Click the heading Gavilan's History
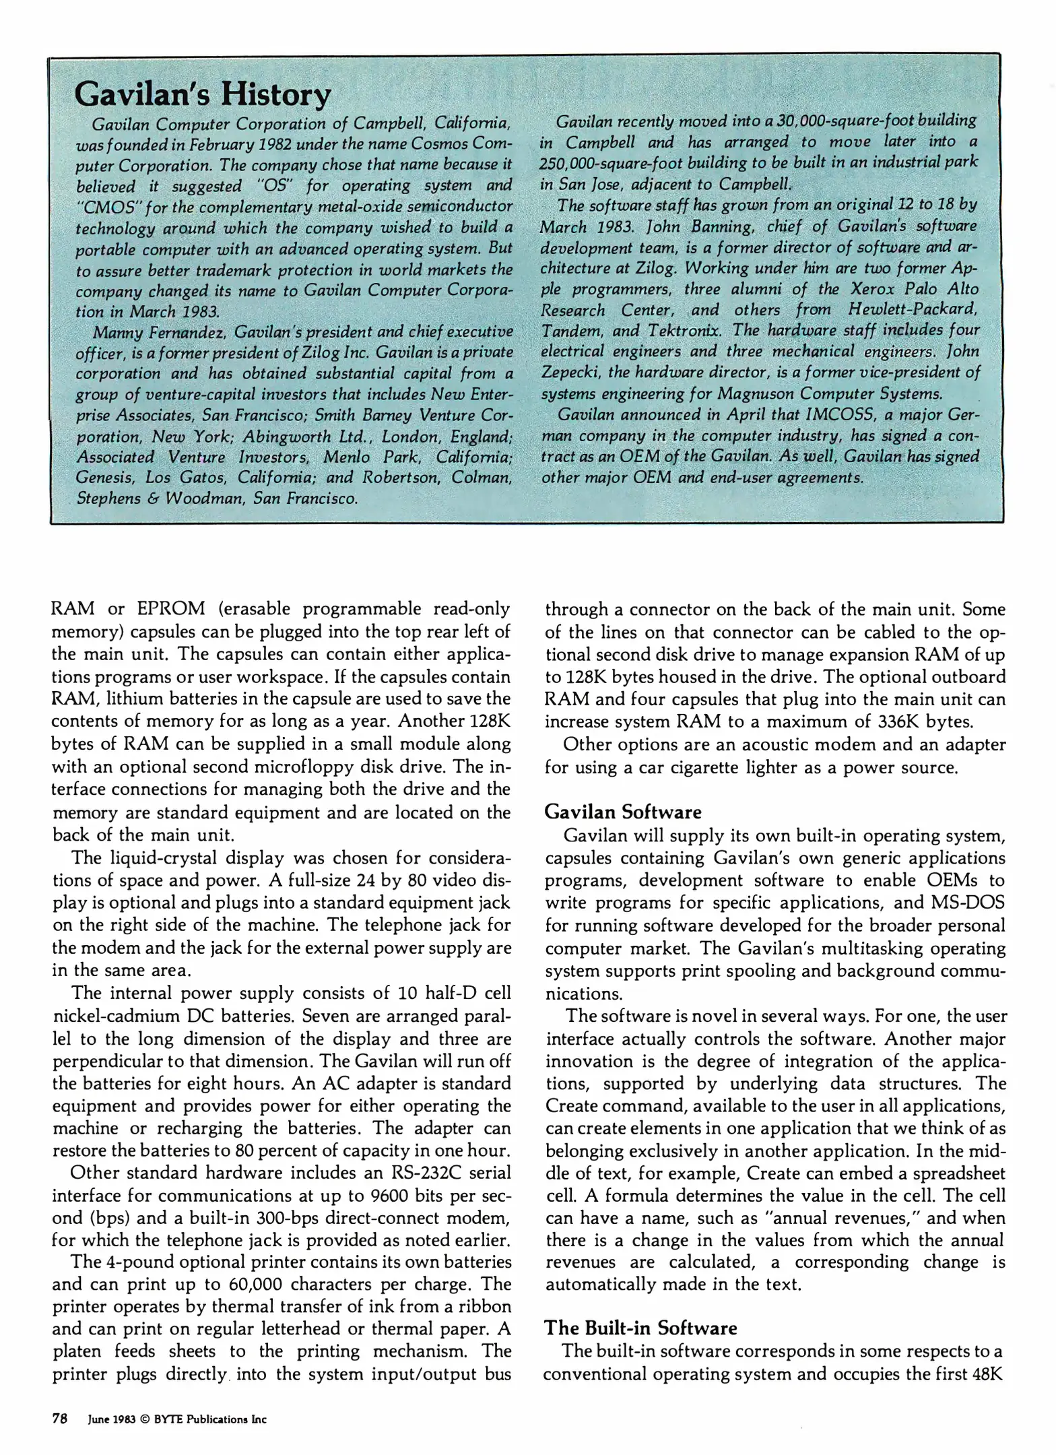(x=202, y=95)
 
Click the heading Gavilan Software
(x=622, y=812)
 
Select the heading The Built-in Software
(x=640, y=1328)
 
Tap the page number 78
(x=60, y=1419)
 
